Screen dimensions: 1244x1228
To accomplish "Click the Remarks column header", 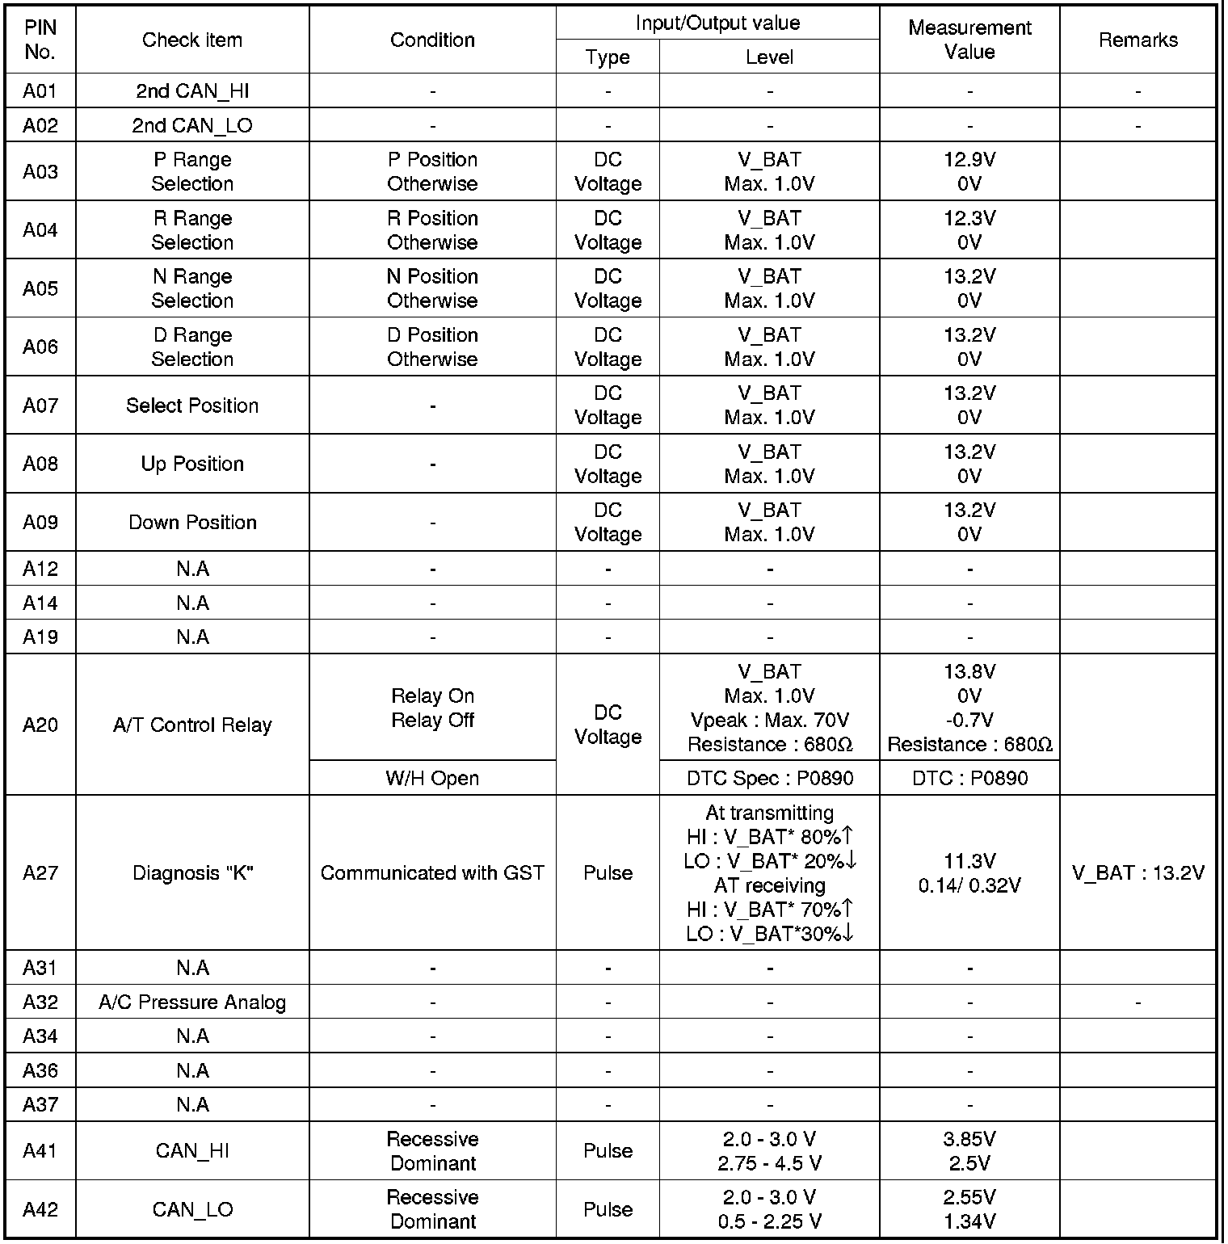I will [x=1138, y=40].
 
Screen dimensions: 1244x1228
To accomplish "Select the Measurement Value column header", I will [x=969, y=40].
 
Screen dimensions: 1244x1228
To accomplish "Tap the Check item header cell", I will [x=192, y=40].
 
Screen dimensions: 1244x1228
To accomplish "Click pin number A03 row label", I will [x=40, y=171].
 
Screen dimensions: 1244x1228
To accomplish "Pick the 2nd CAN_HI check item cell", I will [x=192, y=91].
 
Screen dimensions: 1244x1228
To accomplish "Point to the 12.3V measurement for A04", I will [x=969, y=219].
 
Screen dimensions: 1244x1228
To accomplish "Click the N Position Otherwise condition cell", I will [x=432, y=288].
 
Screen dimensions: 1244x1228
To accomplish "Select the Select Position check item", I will [x=192, y=406].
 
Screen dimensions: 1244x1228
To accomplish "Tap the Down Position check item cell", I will [x=192, y=523].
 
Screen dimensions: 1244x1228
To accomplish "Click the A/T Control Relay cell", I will [x=192, y=725].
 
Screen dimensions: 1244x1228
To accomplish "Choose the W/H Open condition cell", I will [x=432, y=779].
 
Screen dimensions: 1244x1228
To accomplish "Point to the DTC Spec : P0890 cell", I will [x=769, y=779].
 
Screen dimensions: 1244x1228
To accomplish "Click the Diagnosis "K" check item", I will [x=192, y=873].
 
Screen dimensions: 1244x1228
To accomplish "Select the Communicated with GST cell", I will [x=432, y=873].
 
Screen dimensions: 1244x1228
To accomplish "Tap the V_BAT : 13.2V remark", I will [x=1138, y=873].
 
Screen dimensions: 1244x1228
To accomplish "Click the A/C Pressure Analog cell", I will [x=192, y=1002].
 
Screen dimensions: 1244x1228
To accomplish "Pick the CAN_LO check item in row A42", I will [x=192, y=1209].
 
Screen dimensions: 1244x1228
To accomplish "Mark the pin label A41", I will [x=40, y=1151].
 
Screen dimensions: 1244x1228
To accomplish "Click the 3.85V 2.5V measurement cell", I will [x=969, y=1151].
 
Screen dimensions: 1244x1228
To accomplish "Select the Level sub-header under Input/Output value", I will [x=769, y=57].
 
